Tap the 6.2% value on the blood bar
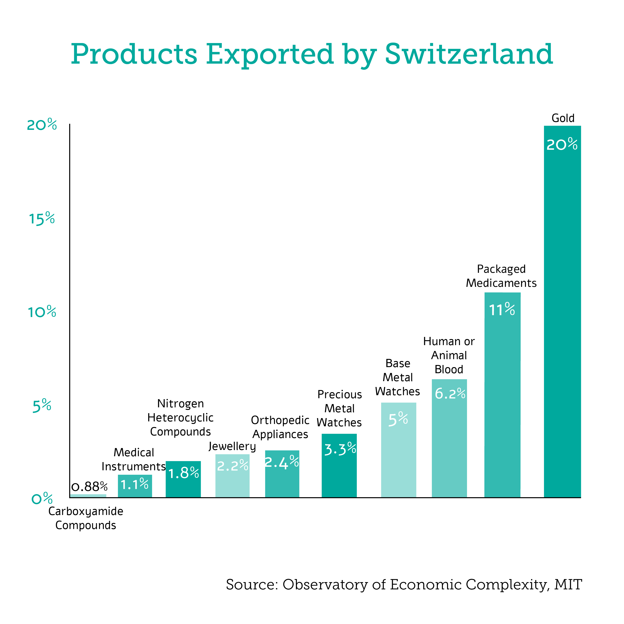[450, 393]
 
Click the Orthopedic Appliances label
[280, 427]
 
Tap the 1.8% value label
[183, 473]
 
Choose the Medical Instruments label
[134, 459]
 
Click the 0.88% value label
[89, 486]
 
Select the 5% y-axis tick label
[42, 406]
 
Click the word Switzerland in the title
[469, 54]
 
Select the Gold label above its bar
[563, 118]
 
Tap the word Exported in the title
[270, 54]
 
